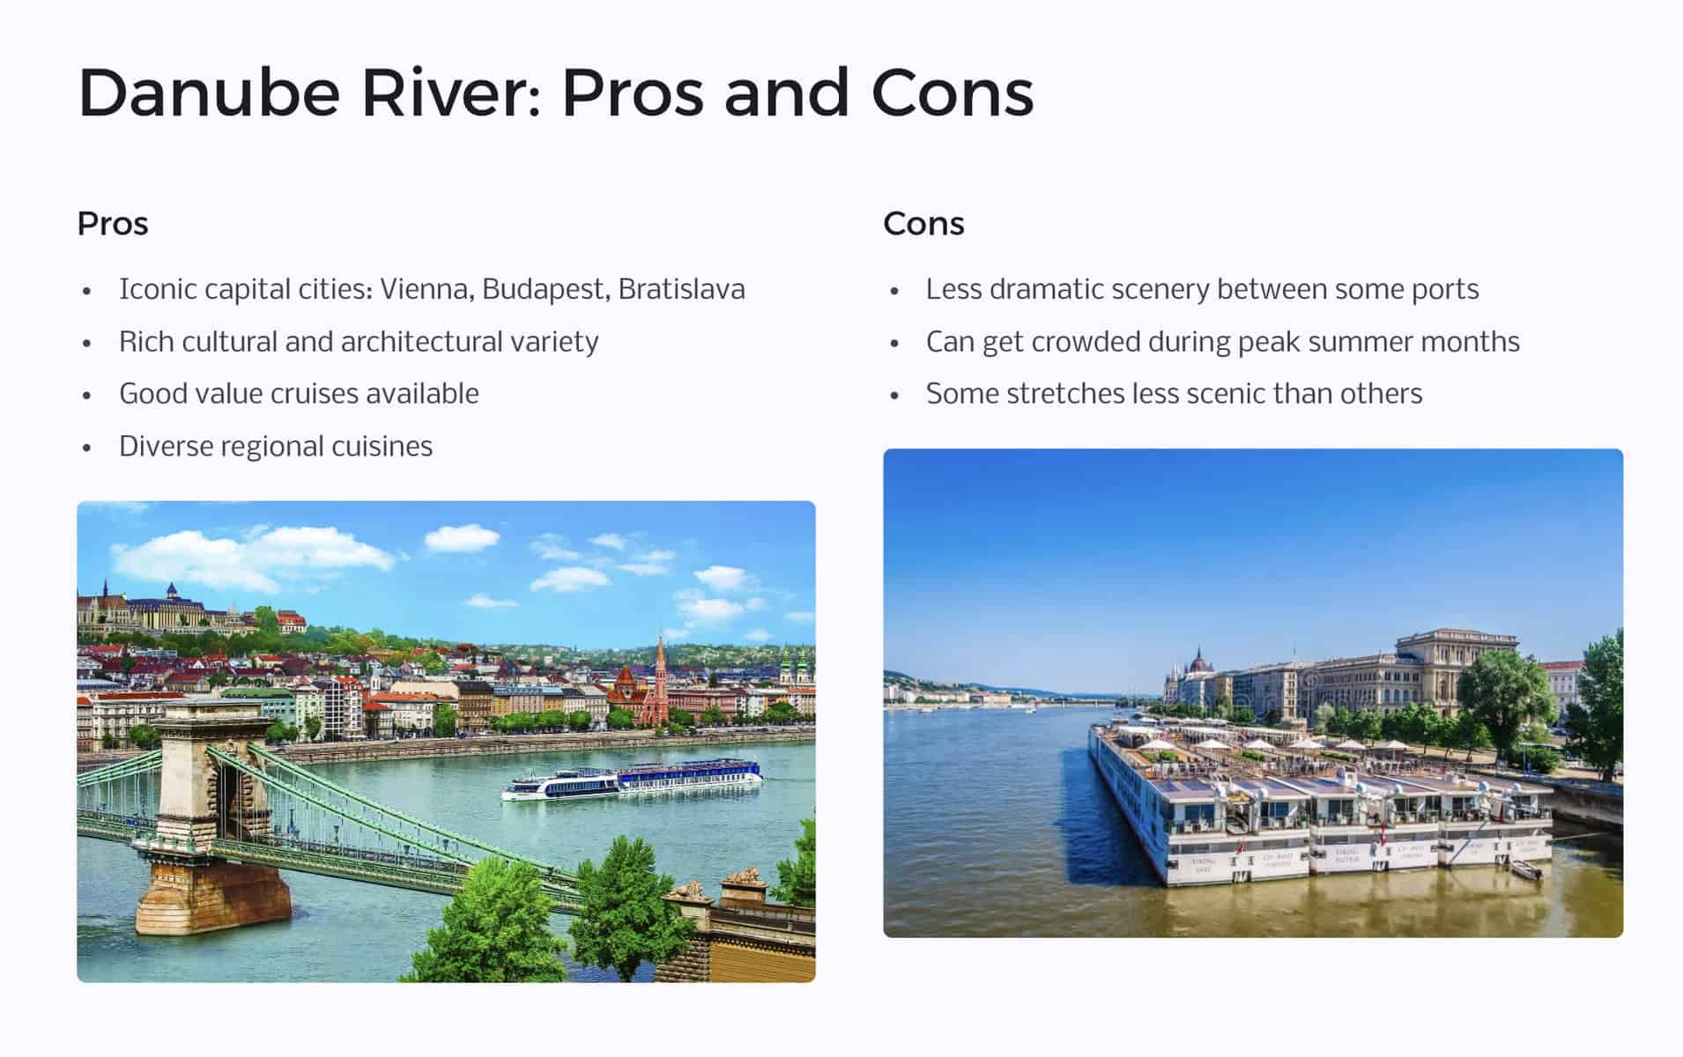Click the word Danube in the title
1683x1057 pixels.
click(x=209, y=93)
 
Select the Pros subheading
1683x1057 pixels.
click(x=113, y=224)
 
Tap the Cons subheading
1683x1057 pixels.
click(x=923, y=224)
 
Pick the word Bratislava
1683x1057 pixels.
click(x=681, y=289)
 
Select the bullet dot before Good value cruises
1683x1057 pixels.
click(x=86, y=395)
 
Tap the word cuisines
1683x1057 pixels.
click(x=382, y=447)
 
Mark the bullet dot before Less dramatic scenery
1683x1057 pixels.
click(x=894, y=291)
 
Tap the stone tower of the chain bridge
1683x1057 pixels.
click(x=211, y=775)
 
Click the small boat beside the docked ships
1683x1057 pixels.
click(x=1526, y=869)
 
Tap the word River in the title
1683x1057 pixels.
click(x=450, y=93)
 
